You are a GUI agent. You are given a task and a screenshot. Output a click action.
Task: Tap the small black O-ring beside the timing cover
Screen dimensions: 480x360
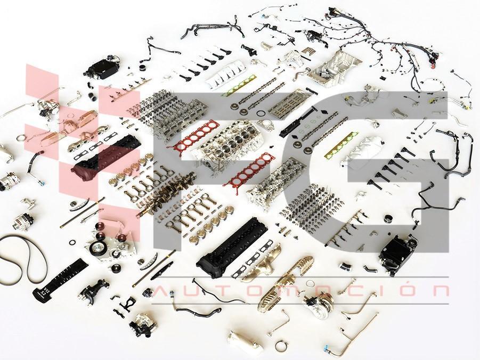(x=72, y=242)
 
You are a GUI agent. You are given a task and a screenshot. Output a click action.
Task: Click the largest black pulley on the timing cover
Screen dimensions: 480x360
(x=98, y=247)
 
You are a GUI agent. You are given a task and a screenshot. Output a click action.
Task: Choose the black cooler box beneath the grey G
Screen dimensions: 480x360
(x=398, y=249)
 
